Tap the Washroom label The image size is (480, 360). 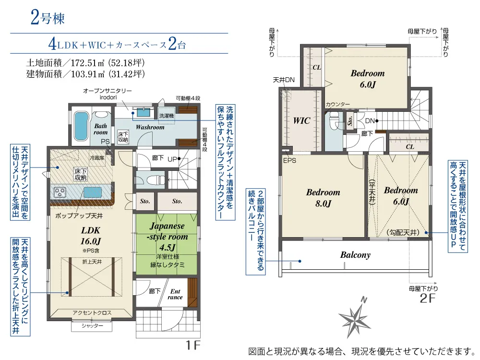[x=150, y=127]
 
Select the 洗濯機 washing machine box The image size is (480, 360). [x=167, y=115]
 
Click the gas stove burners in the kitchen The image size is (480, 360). [x=60, y=192]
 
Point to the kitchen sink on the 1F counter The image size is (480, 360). [x=93, y=192]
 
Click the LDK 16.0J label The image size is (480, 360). [x=91, y=236]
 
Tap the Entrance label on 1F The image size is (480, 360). [x=175, y=294]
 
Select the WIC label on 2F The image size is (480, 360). [x=301, y=120]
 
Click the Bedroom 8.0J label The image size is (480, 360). [x=323, y=198]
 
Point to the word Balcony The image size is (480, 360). [x=355, y=255]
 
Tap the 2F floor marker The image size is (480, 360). [x=427, y=298]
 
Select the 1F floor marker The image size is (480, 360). [x=193, y=345]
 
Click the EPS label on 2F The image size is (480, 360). [x=289, y=160]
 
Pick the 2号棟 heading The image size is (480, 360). [x=48, y=18]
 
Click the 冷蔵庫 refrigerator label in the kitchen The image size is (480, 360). [x=97, y=158]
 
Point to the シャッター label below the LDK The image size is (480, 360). [x=92, y=326]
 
